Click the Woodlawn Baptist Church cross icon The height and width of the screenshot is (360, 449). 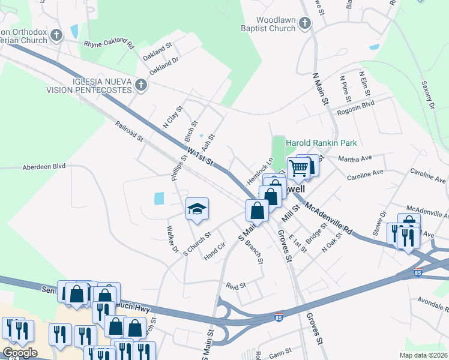[305, 23]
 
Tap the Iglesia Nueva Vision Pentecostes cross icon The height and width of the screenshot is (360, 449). [141, 85]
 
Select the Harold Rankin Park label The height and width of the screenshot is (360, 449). [321, 143]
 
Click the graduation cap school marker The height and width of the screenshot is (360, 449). [197, 209]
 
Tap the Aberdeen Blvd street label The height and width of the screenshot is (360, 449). [44, 167]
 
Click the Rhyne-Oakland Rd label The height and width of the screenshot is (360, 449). [109, 42]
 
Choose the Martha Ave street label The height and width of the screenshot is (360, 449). [355, 159]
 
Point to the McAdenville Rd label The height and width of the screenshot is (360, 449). [328, 217]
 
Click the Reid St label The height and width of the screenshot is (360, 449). [235, 286]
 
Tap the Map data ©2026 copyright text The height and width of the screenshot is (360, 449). [423, 355]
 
